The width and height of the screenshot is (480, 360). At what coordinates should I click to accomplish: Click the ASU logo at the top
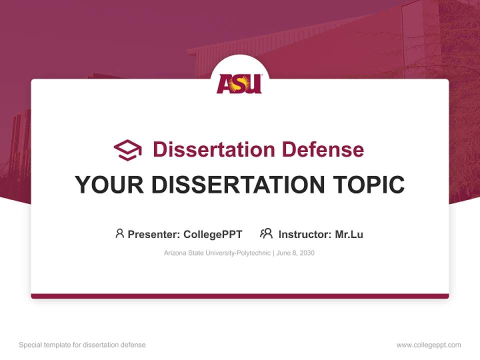239,83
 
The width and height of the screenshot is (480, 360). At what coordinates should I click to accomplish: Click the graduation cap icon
127,149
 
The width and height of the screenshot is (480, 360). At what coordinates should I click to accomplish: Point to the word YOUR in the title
109,184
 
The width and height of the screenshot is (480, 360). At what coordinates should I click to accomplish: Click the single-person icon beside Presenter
119,233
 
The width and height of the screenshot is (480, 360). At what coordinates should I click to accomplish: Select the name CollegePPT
212,234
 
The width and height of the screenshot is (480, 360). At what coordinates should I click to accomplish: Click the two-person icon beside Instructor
266,233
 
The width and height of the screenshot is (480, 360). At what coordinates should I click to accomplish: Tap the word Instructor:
304,234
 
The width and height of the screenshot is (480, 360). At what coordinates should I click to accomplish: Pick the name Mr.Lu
349,234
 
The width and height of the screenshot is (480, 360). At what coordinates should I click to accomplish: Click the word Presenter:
154,234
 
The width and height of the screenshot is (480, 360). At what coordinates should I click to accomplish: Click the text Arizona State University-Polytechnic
217,253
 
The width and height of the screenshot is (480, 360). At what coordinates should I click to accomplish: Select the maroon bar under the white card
240,296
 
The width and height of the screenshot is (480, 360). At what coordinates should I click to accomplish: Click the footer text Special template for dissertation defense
82,345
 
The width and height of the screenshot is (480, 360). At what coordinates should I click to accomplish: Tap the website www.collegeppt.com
428,345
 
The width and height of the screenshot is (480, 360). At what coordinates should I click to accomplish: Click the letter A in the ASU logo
224,84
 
